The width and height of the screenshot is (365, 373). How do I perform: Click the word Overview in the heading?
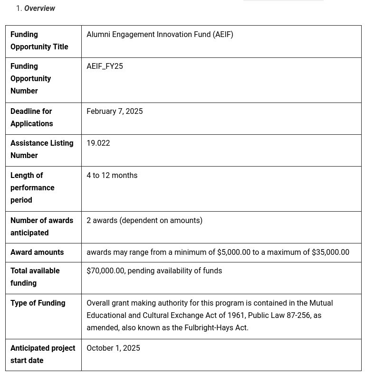[x=39, y=9]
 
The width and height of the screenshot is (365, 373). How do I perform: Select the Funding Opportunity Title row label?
[x=39, y=41]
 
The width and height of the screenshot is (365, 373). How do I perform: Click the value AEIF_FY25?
[x=105, y=66]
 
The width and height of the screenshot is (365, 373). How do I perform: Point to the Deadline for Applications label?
[x=31, y=118]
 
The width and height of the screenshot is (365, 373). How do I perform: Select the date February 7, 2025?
[x=115, y=112]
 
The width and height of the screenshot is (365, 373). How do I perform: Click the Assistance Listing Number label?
[x=42, y=149]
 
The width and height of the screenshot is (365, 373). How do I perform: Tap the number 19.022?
[x=98, y=143]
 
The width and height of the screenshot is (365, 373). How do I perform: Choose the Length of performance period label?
[x=32, y=188]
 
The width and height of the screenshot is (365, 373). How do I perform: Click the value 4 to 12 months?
[x=112, y=176]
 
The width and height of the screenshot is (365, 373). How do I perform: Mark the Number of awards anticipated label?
[x=42, y=227]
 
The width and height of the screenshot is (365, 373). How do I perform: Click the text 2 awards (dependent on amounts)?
[x=144, y=221]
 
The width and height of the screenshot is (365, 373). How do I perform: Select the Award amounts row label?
[x=37, y=252]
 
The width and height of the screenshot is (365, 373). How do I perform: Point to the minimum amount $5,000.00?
[x=233, y=252]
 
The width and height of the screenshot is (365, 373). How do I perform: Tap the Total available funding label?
[x=35, y=277]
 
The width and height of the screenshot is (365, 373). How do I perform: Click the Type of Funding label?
[x=38, y=303]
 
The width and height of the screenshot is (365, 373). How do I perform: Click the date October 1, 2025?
[x=113, y=348]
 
